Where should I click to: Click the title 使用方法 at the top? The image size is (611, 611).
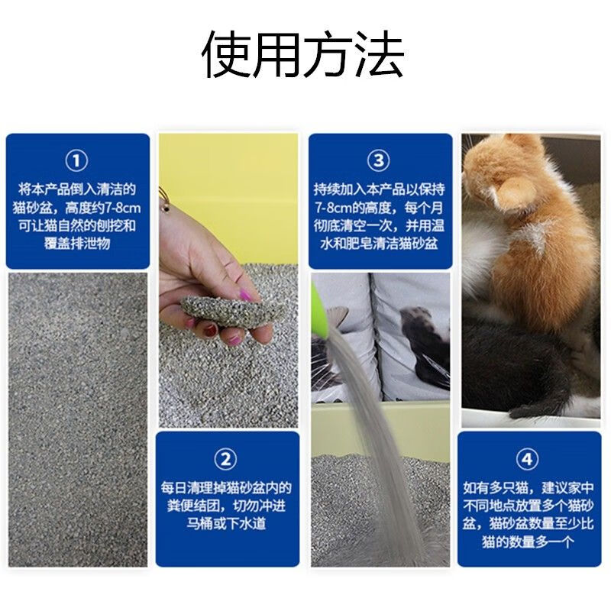click(x=302, y=54)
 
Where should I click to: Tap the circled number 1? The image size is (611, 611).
click(x=76, y=160)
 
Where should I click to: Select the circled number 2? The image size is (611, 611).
click(x=225, y=459)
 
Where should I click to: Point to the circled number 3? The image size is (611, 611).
click(x=379, y=160)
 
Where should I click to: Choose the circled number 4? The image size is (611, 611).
click(x=527, y=459)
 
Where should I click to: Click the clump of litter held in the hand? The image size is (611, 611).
click(x=233, y=311)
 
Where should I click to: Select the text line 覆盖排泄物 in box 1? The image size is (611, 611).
click(x=77, y=244)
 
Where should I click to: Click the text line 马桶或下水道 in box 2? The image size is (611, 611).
click(x=226, y=523)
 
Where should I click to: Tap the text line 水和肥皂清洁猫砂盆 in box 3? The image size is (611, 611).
click(x=379, y=244)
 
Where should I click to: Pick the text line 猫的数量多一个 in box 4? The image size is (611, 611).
click(x=527, y=541)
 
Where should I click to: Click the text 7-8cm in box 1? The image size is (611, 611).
click(x=120, y=208)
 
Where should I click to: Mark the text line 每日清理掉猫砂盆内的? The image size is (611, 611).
click(x=226, y=488)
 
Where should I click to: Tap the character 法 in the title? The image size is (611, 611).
click(x=379, y=54)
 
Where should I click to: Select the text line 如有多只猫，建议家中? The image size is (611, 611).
click(x=528, y=488)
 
